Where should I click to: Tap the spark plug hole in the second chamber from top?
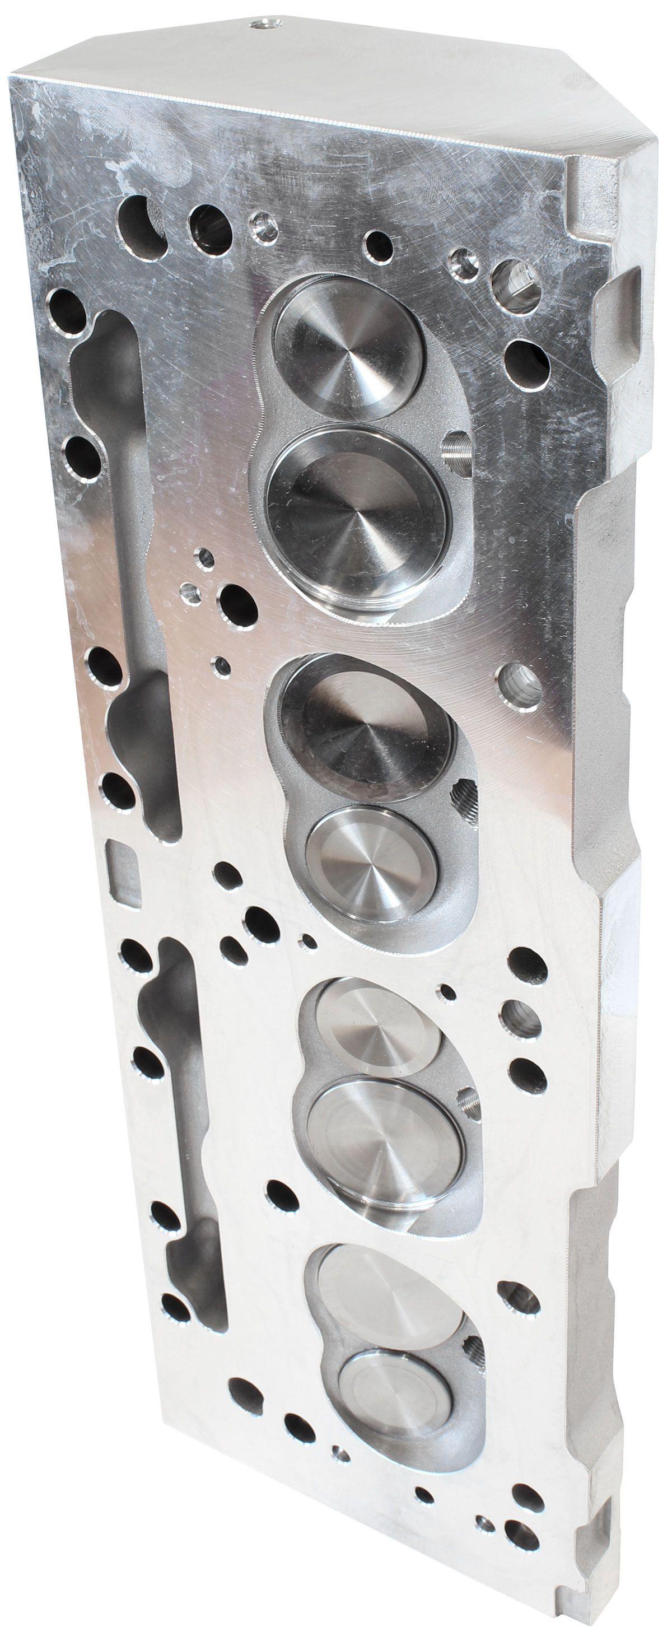pos(463,794)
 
